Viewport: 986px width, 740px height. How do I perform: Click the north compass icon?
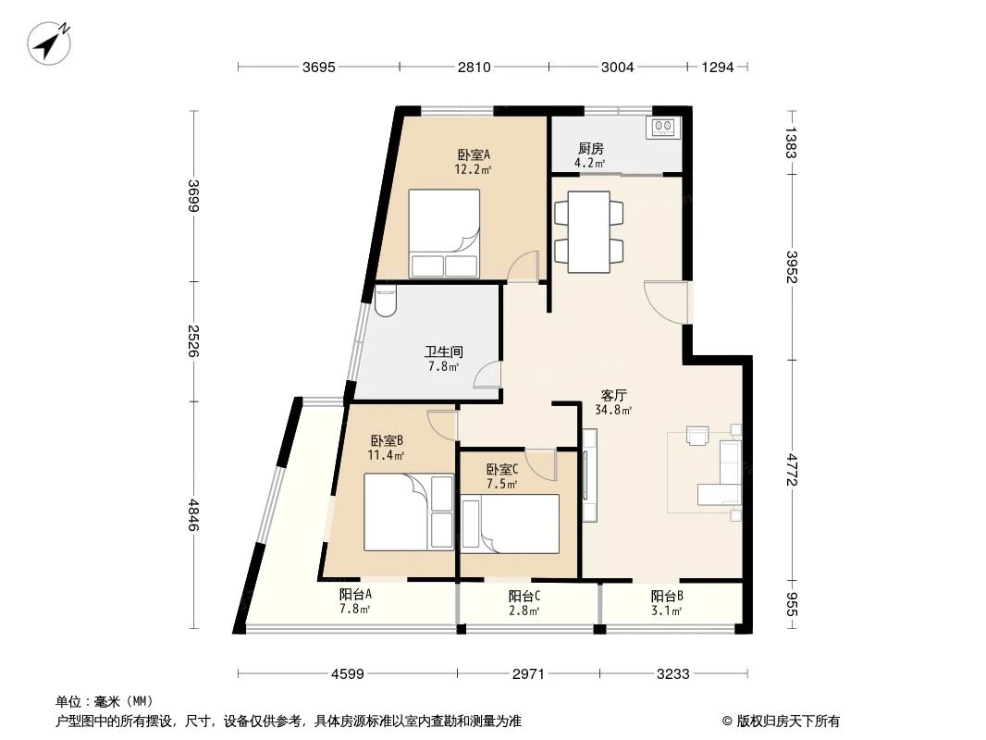click(x=51, y=43)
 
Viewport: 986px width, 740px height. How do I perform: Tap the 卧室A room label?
click(x=473, y=155)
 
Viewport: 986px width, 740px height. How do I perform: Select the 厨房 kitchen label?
click(x=591, y=148)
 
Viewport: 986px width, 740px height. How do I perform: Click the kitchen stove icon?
click(x=663, y=127)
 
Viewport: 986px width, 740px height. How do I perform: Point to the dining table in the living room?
click(x=588, y=231)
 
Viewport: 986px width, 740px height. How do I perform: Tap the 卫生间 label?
click(x=443, y=352)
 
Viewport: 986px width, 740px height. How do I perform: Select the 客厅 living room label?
click(x=614, y=394)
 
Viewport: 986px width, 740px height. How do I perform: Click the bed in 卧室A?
click(x=445, y=233)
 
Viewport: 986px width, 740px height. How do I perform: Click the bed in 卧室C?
click(x=510, y=524)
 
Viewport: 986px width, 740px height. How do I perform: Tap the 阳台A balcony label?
click(x=355, y=596)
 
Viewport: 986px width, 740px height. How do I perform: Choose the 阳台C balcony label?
click(x=524, y=597)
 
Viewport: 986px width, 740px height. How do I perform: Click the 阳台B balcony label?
click(x=666, y=597)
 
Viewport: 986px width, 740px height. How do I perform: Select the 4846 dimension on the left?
click(x=193, y=515)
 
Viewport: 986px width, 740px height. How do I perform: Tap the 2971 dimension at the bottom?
click(x=529, y=674)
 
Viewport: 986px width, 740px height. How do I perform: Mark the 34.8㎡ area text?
click(x=614, y=410)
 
